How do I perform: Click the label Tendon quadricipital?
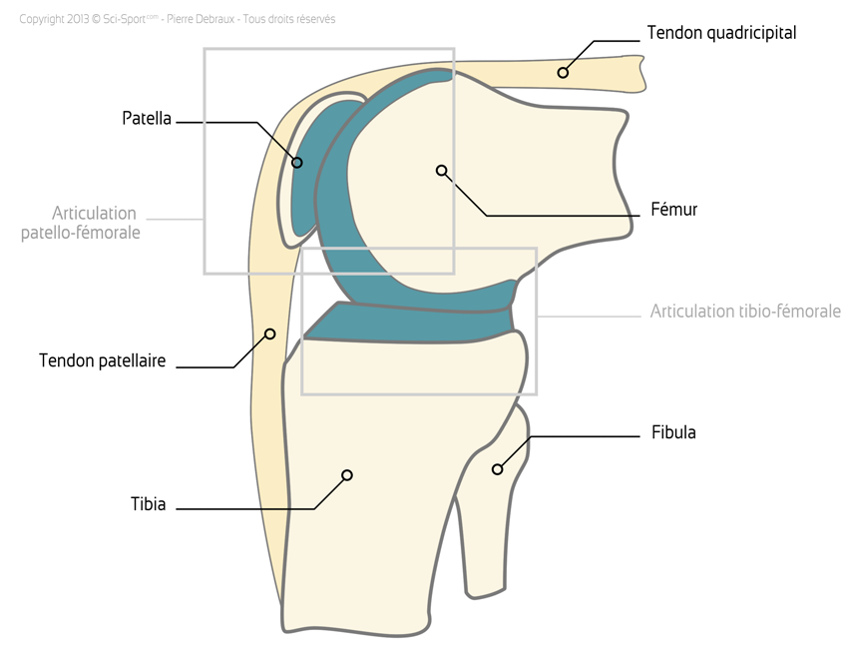tap(721, 33)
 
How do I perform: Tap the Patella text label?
tap(147, 119)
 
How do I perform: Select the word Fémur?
tap(673, 210)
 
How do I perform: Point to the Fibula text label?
tap(673, 432)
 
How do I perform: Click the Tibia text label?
tap(148, 504)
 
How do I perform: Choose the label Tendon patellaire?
tap(102, 360)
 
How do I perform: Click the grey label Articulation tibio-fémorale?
tap(745, 312)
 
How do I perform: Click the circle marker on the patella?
tap(296, 162)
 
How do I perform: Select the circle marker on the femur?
tap(441, 171)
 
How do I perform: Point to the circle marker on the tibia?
tap(346, 474)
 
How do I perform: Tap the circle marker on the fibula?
tap(496, 468)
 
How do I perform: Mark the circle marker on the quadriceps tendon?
tap(563, 72)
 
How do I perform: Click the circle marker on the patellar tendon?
tap(268, 333)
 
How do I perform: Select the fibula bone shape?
tap(489, 519)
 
